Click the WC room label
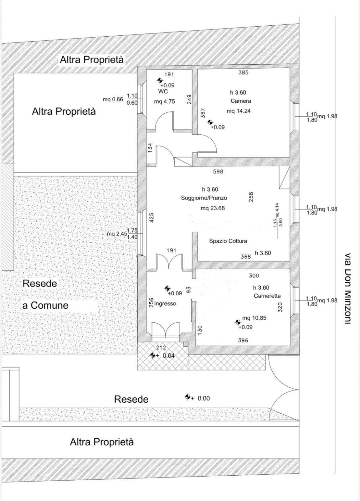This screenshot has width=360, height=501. coord(163,91)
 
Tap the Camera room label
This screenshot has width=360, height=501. coord(241,101)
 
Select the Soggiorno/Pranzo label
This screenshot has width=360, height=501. coord(204,198)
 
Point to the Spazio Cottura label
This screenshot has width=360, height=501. coord(228,241)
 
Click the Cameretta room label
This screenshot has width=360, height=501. coord(267,296)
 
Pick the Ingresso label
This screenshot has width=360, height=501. coord(165,303)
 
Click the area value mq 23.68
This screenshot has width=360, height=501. coord(213,208)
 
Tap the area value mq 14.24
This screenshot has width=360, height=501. coord(239,111)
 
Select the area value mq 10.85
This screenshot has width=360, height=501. coord(254,318)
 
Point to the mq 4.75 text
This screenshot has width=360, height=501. coord(164,101)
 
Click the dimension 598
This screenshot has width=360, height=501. coord(218,172)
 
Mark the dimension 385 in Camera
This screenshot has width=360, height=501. coord(243,72)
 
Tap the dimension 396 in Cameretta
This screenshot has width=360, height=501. coord(243,340)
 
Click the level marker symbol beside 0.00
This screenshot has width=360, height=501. coord(188,397)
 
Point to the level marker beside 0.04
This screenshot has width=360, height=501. coord(153,355)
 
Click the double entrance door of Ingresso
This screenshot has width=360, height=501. coord(166,329)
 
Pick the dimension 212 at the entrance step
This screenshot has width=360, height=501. coord(161,348)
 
